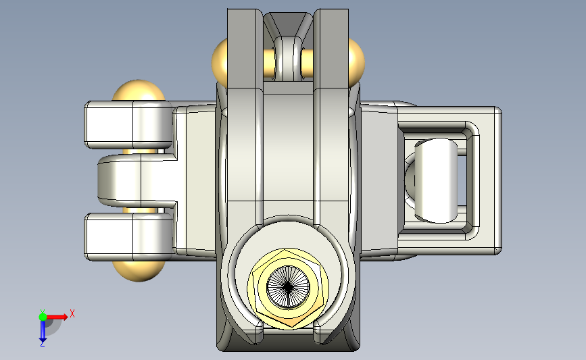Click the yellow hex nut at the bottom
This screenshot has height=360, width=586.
pyautogui.click(x=288, y=288)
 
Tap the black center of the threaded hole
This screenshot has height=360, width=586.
pyautogui.click(x=288, y=287)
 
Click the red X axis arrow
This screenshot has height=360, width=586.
pyautogui.click(x=57, y=317)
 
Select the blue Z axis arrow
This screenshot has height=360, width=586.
pyautogui.click(x=43, y=331)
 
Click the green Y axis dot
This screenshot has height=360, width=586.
pyautogui.click(x=43, y=317)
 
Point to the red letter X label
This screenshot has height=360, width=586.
pyautogui.click(x=72, y=313)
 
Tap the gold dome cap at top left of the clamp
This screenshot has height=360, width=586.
pyautogui.click(x=219, y=62)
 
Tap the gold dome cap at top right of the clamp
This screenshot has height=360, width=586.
pyautogui.click(x=356, y=62)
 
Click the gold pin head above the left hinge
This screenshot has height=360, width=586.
pyautogui.click(x=139, y=90)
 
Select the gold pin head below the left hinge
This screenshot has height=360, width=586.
pyautogui.click(x=139, y=270)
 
